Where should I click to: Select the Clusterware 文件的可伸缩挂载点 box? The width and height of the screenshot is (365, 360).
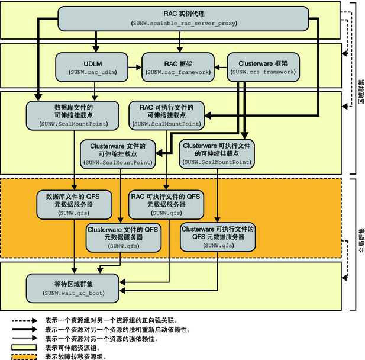coord(118,152)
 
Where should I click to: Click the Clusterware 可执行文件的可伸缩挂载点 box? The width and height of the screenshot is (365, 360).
coord(216,152)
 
